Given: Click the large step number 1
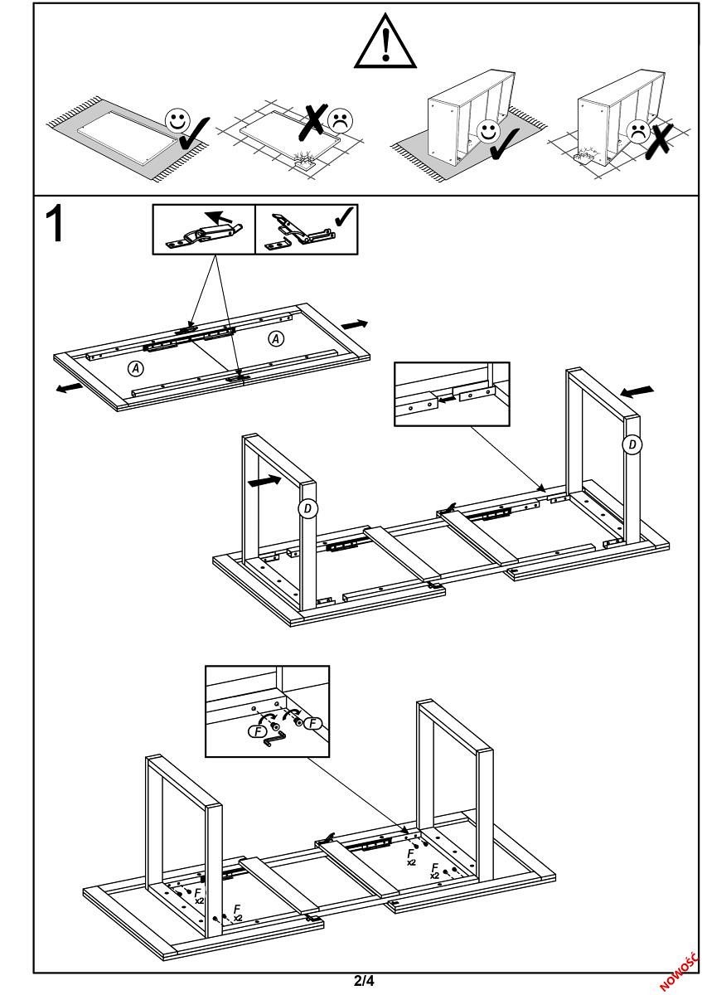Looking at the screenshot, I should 56,223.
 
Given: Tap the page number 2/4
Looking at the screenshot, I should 364,982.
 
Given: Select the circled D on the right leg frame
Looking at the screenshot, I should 632,445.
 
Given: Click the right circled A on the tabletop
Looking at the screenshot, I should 276,338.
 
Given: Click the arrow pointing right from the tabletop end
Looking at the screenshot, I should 354,323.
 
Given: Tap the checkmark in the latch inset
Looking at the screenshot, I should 343,216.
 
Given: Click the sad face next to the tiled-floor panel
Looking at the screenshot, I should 339,121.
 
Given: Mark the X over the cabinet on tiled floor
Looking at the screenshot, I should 659,138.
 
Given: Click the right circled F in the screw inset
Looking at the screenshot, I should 312,724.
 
